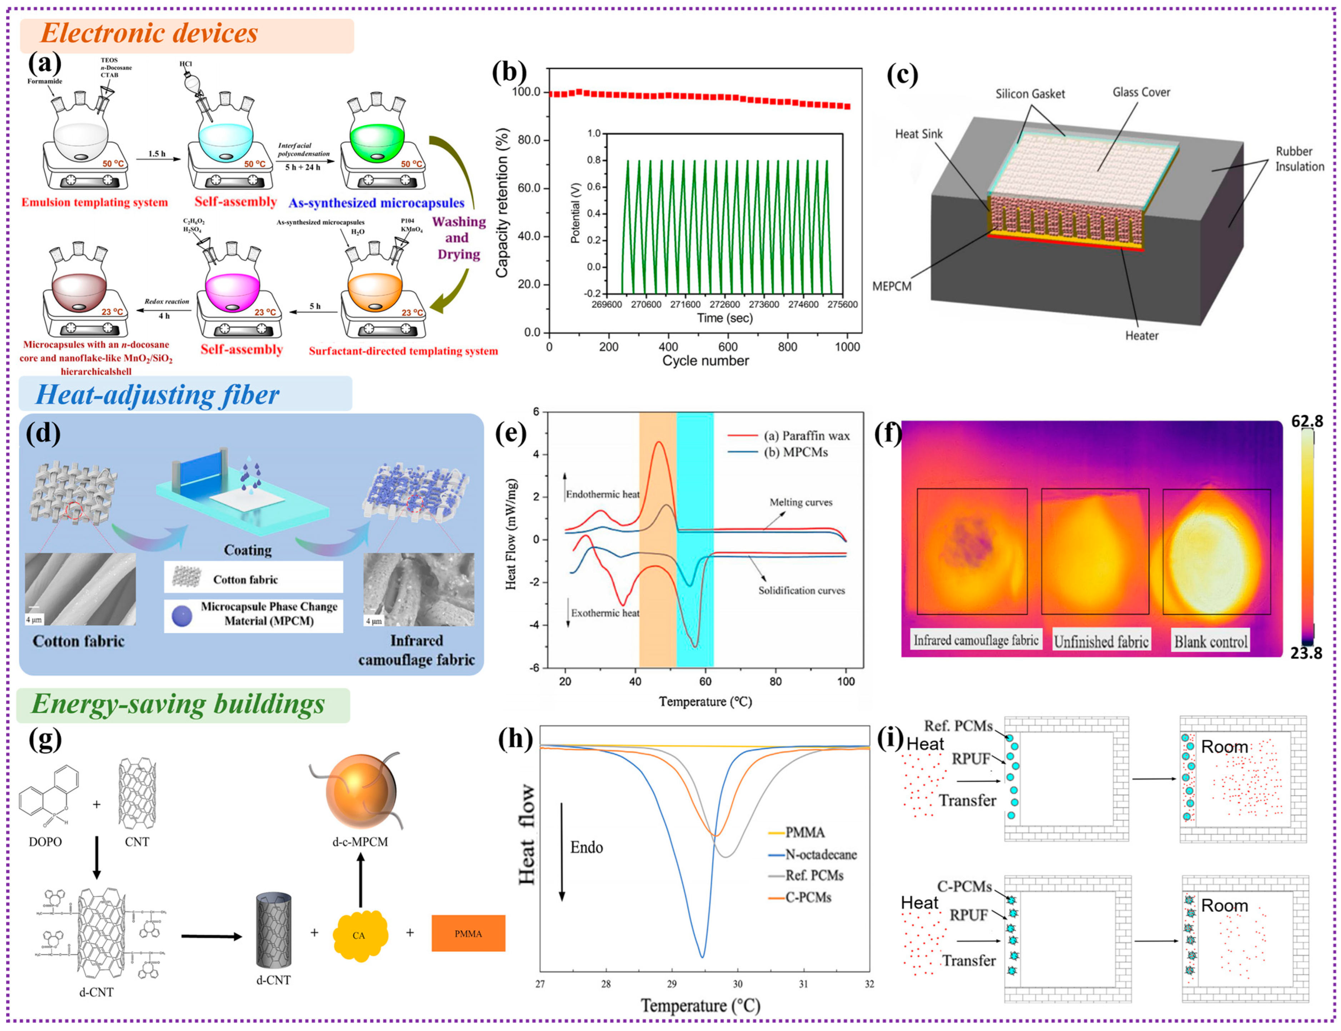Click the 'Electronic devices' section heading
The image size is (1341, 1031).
tap(149, 34)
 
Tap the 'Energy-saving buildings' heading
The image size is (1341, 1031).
tap(178, 704)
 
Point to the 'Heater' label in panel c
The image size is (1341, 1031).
tap(1142, 336)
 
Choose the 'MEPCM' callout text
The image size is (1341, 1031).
tap(892, 286)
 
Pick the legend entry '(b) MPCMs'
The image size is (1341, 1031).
tap(796, 452)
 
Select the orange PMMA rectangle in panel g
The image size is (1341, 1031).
tap(468, 934)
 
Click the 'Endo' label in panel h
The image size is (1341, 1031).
tap(586, 847)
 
